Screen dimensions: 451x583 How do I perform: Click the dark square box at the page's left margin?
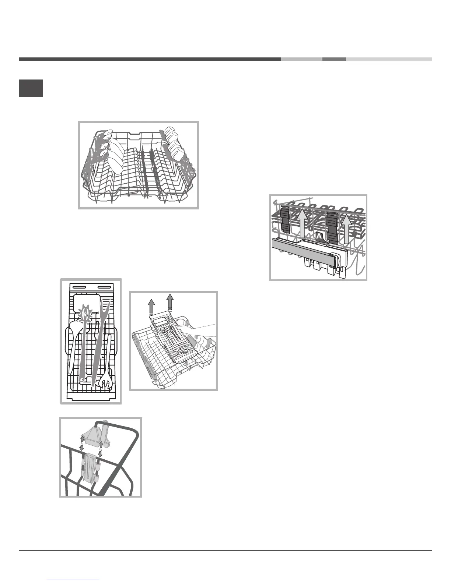31,88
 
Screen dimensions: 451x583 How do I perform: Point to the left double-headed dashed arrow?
82,446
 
